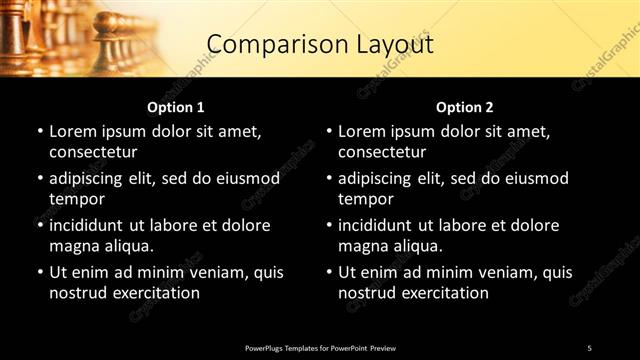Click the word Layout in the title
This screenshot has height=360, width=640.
(x=384, y=44)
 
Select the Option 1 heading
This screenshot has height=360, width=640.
(x=176, y=107)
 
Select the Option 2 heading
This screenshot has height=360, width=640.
(x=465, y=107)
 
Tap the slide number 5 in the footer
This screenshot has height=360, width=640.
(x=589, y=348)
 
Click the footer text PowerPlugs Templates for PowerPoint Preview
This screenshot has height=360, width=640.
(x=320, y=348)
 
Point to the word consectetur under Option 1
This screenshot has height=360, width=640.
(x=93, y=152)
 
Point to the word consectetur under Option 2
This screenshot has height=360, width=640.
(x=382, y=152)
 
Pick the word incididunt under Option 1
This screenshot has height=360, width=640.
(x=92, y=225)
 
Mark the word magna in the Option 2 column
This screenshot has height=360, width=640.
(x=362, y=246)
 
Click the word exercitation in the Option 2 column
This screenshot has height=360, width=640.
(x=442, y=293)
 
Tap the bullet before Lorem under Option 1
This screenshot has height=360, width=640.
(x=40, y=131)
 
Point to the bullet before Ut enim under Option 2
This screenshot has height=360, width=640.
(x=329, y=272)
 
